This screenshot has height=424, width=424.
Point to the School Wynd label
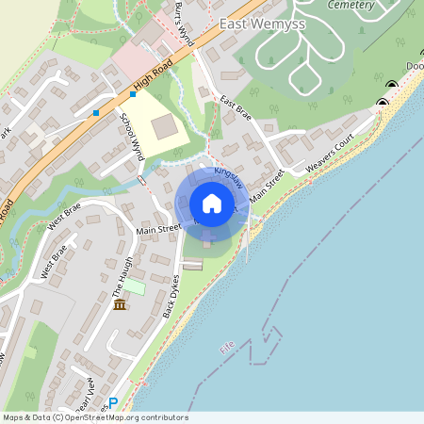(131, 133)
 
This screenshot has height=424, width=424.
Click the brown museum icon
(120, 304)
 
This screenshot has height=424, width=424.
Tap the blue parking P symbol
(113, 403)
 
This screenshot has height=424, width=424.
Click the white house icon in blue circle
(211, 204)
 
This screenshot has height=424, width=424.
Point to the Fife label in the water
(226, 347)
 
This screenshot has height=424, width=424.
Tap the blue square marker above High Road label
(133, 94)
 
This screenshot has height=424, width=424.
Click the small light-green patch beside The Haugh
(135, 285)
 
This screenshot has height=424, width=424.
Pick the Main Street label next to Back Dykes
(157, 229)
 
